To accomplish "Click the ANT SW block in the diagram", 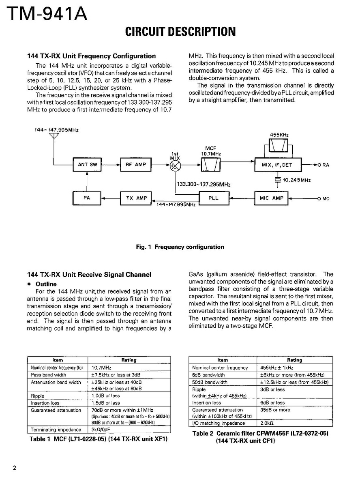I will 87,165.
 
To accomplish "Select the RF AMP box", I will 135,165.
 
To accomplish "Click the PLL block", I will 214,198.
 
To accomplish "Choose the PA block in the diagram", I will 87,198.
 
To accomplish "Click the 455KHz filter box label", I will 279,135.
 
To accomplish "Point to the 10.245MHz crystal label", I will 297,180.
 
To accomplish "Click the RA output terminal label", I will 325,166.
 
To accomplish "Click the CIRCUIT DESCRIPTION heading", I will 180,31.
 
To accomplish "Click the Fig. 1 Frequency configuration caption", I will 180,247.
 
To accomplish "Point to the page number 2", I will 15,469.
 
